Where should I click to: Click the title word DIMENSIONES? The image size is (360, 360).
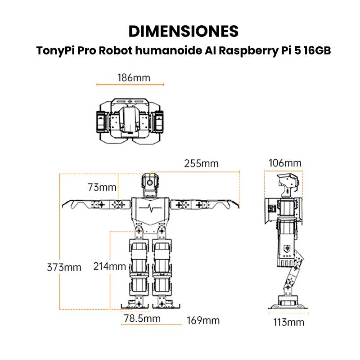pyautogui.click(x=183, y=31)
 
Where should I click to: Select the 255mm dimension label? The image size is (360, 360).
pyautogui.click(x=201, y=163)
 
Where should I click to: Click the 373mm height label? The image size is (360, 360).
pyautogui.click(x=64, y=267)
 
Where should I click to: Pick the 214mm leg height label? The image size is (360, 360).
pyautogui.click(x=109, y=266)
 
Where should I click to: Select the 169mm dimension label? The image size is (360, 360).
pyautogui.click(x=203, y=320)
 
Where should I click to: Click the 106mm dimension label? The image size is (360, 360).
pyautogui.click(x=285, y=163)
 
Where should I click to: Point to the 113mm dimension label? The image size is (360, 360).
pyautogui.click(x=288, y=322)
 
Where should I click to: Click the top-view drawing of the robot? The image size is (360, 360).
pyautogui.click(x=130, y=118)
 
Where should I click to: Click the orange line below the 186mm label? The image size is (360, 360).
pyautogui.click(x=130, y=84)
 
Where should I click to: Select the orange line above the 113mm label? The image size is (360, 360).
pyautogui.click(x=288, y=313)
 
